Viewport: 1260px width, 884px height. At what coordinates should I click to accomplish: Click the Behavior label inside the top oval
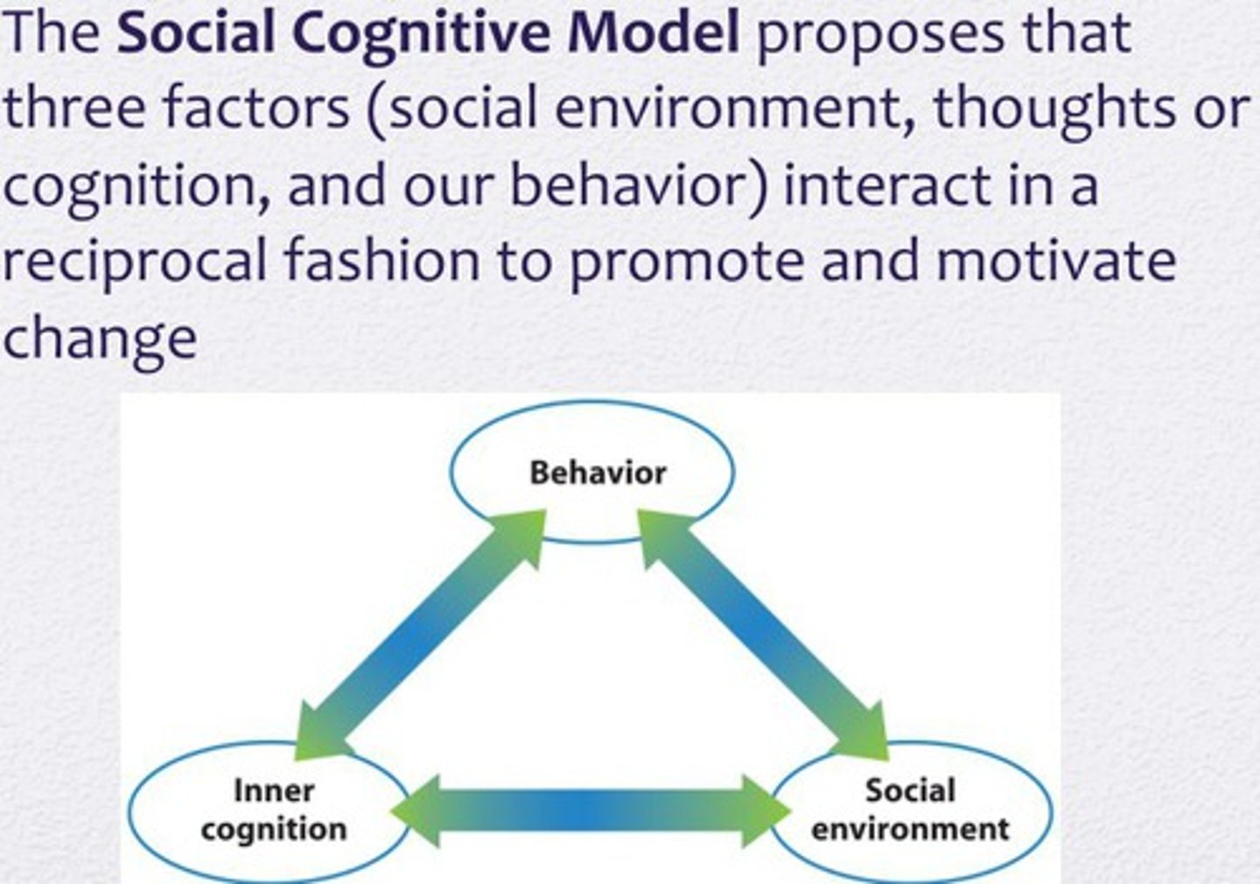(598, 474)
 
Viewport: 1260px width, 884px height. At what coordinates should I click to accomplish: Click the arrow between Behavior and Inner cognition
(420, 635)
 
